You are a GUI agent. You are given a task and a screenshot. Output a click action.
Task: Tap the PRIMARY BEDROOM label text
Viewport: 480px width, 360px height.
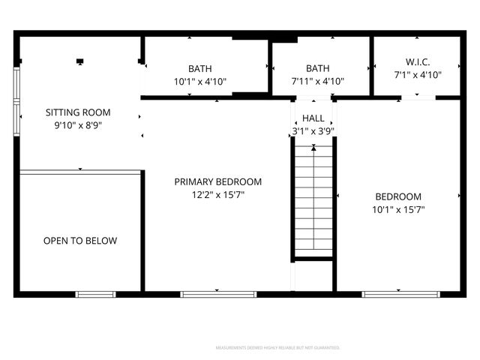click(x=218, y=181)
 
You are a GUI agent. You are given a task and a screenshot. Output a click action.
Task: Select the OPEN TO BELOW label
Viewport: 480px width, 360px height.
click(x=80, y=241)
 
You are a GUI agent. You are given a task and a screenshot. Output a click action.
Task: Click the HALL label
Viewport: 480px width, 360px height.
click(x=313, y=118)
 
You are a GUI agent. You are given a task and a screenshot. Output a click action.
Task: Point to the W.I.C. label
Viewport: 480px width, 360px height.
click(x=418, y=61)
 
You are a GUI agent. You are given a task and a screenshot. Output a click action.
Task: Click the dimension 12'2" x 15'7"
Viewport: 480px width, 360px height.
click(x=218, y=195)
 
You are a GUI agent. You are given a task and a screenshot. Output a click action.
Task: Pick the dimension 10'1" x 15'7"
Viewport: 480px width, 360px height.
click(x=398, y=210)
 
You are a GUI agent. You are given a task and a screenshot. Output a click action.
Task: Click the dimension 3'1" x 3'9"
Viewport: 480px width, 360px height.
click(x=313, y=131)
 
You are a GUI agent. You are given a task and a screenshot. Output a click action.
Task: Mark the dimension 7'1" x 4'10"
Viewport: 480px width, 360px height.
click(x=418, y=75)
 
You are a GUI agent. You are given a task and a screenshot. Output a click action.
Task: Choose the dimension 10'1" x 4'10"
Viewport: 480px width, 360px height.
click(x=200, y=82)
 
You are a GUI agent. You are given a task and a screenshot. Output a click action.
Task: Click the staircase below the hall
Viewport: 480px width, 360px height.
click(x=313, y=202)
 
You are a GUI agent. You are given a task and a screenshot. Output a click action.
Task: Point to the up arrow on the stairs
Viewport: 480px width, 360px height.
click(x=313, y=148)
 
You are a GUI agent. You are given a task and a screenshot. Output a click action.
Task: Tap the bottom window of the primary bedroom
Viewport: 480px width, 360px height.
click(x=218, y=294)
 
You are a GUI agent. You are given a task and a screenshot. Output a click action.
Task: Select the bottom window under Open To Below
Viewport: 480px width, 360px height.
click(x=95, y=294)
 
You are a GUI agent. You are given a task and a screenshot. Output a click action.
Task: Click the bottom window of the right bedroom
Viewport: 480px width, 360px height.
click(x=400, y=294)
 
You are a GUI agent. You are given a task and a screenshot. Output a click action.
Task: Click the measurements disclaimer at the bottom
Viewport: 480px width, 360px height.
click(x=277, y=348)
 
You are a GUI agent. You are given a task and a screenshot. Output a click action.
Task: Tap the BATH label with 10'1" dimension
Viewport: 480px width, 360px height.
click(x=200, y=68)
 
